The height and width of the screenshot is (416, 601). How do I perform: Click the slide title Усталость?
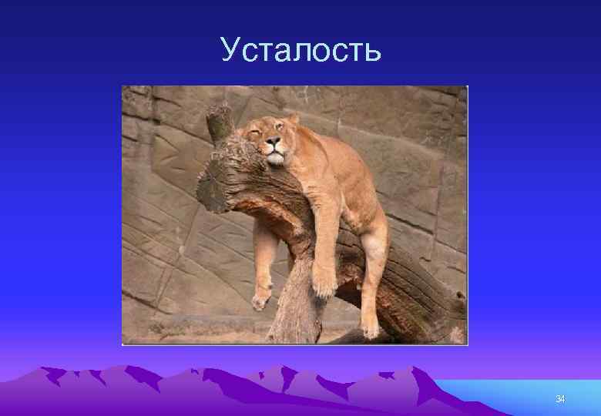pyautogui.click(x=300, y=50)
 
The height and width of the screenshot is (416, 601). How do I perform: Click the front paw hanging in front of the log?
pyautogui.click(x=324, y=283)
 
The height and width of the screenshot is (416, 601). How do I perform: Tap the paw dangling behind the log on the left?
pyautogui.click(x=262, y=297)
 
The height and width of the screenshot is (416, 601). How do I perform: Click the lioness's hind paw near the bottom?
pyautogui.click(x=371, y=328)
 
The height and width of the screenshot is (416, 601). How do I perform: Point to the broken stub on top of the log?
pyautogui.click(x=221, y=123)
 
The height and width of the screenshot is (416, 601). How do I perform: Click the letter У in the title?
pyautogui.click(x=230, y=51)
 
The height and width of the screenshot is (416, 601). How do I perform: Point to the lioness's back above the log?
pyautogui.click(x=347, y=146)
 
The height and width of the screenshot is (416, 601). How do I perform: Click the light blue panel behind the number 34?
pyautogui.click(x=524, y=397)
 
